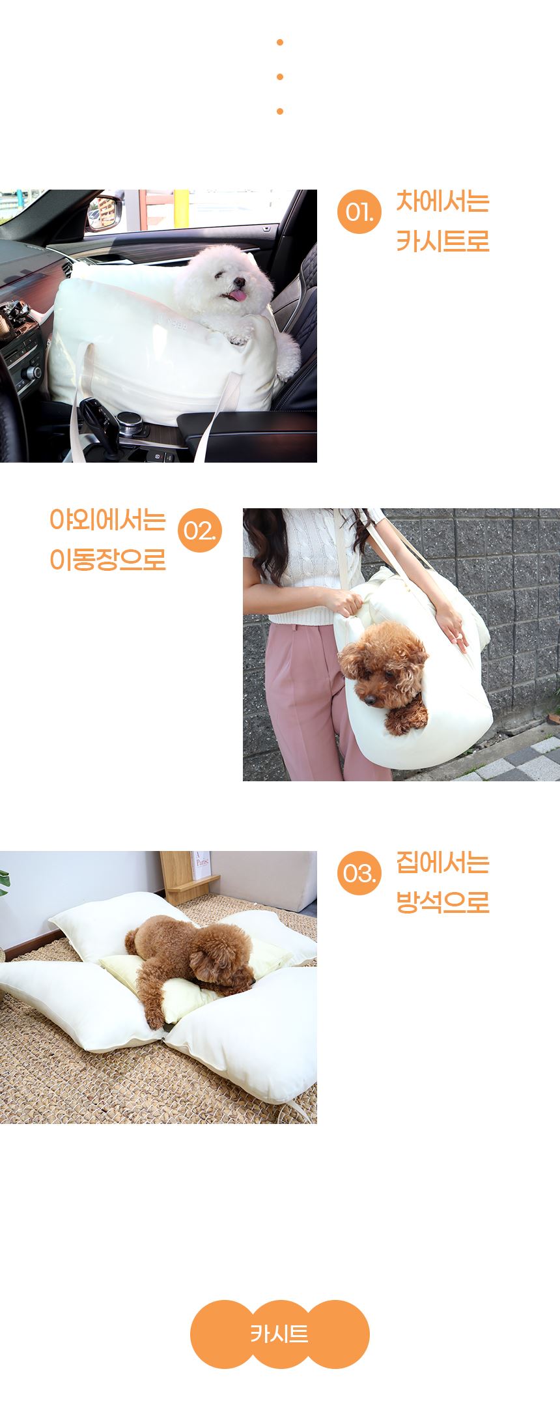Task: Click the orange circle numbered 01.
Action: click(x=359, y=211)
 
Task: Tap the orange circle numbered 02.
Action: click(x=200, y=530)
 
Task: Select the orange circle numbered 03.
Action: click(x=359, y=872)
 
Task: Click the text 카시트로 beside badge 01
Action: click(x=443, y=241)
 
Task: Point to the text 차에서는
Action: click(x=443, y=201)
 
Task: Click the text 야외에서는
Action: click(x=107, y=520)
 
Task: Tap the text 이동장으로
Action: click(x=107, y=560)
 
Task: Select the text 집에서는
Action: click(x=443, y=863)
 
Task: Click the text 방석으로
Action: click(x=443, y=902)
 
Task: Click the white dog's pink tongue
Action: click(x=238, y=296)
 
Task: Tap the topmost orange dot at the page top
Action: click(x=280, y=42)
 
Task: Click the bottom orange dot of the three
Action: click(x=280, y=111)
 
